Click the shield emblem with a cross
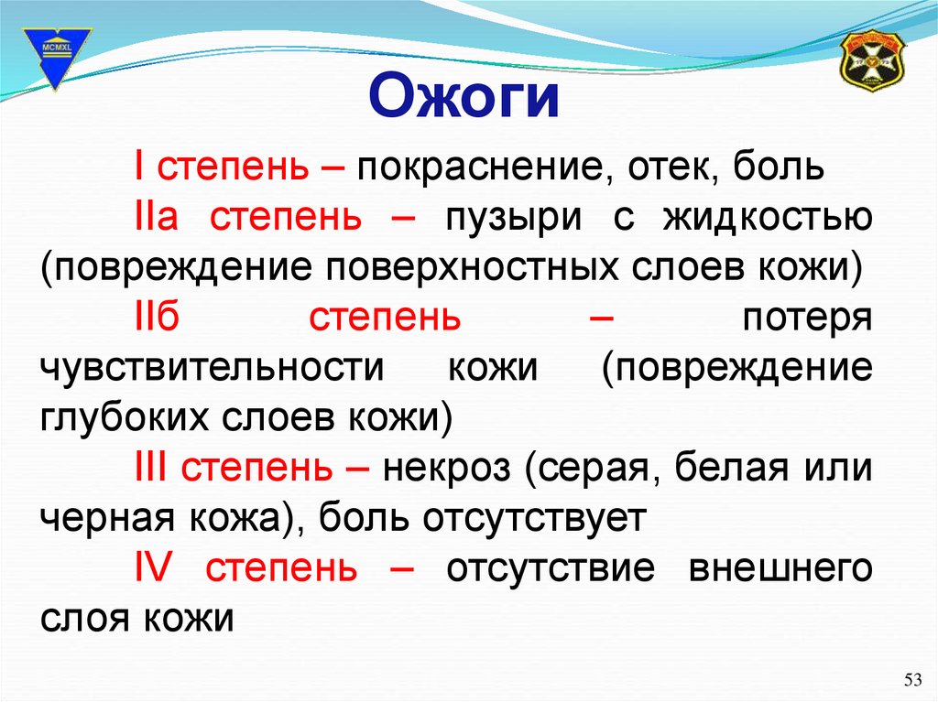click(872, 61)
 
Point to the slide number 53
click(913, 679)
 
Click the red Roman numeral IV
click(153, 567)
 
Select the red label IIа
click(157, 216)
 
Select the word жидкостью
click(768, 217)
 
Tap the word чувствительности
click(213, 368)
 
